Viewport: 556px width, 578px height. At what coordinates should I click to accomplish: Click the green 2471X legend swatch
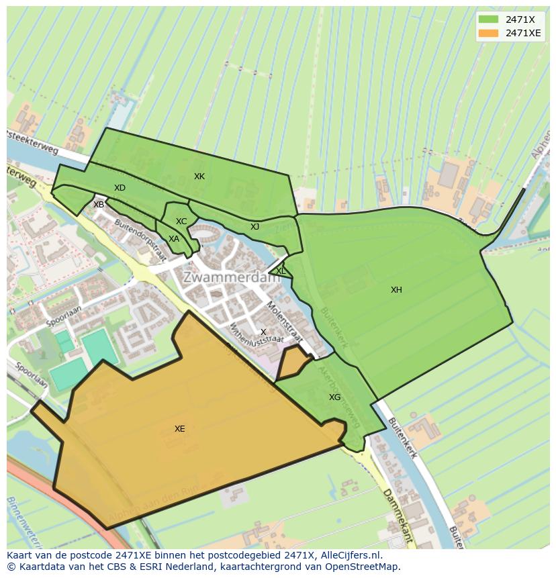pyautogui.click(x=489, y=19)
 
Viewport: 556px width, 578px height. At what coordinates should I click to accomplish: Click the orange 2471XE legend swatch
pyautogui.click(x=489, y=33)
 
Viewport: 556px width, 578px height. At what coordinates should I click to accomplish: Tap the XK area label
pyautogui.click(x=199, y=177)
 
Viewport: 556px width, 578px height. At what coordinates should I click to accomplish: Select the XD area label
pyautogui.click(x=120, y=188)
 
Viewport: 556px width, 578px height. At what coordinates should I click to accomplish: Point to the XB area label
pyautogui.click(x=99, y=205)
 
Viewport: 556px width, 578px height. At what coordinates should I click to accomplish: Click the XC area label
pyautogui.click(x=181, y=222)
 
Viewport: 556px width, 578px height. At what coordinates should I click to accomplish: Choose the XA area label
pyautogui.click(x=174, y=239)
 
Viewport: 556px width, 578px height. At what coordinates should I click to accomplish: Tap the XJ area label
pyautogui.click(x=254, y=227)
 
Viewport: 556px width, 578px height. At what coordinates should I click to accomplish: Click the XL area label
pyautogui.click(x=281, y=271)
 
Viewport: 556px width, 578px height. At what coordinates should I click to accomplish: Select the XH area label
pyautogui.click(x=396, y=290)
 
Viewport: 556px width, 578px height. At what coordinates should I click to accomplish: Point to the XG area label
pyautogui.click(x=334, y=397)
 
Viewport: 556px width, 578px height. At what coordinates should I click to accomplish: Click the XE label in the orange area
pyautogui.click(x=179, y=429)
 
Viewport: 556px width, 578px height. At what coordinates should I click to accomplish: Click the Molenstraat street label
pyautogui.click(x=281, y=316)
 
